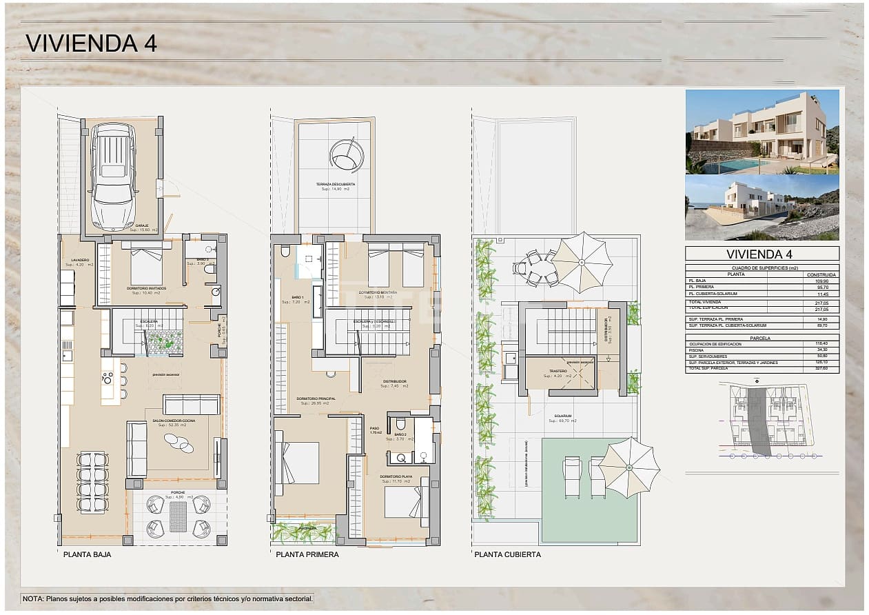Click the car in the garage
point(114,176)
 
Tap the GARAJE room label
point(142,225)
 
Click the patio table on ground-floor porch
point(178,516)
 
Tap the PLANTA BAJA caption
point(87,554)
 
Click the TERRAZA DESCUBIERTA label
point(336,185)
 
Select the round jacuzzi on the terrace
point(346,156)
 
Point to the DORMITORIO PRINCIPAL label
point(316,399)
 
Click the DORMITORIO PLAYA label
point(396,476)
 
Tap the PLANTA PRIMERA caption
point(307,554)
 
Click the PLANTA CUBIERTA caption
point(507,554)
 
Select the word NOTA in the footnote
point(33,599)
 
